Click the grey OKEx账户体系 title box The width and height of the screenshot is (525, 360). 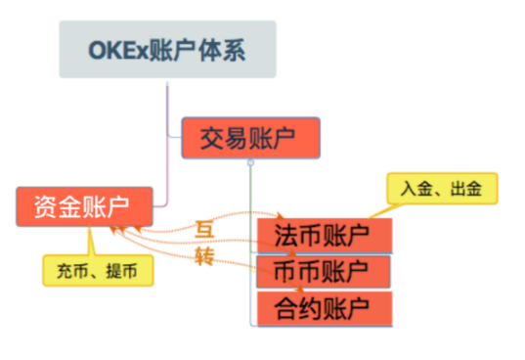click(167, 49)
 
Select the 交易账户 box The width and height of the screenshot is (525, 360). click(250, 137)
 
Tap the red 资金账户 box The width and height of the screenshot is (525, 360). click(84, 205)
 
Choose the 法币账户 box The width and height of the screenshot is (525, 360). click(324, 235)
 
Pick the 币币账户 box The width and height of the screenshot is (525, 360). click(324, 270)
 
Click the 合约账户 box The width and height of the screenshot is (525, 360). click(324, 308)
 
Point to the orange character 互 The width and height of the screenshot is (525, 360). click(204, 230)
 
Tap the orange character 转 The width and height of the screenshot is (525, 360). click(204, 256)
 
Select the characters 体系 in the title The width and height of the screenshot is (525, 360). click(227, 49)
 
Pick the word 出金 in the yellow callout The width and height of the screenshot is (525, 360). click(464, 186)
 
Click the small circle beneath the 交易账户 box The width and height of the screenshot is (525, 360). click(250, 161)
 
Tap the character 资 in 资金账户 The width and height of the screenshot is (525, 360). click(45, 205)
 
